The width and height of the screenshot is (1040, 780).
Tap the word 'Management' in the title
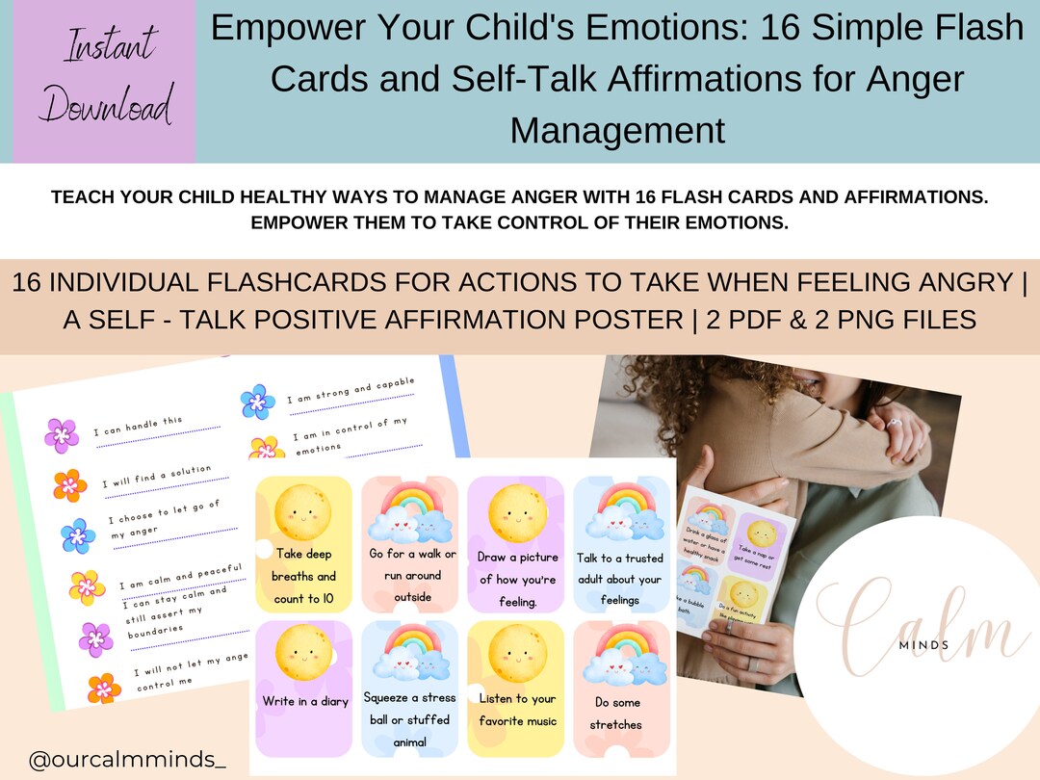[617, 128]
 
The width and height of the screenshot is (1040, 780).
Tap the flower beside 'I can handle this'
[62, 435]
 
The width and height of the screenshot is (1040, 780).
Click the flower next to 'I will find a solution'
[70, 484]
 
